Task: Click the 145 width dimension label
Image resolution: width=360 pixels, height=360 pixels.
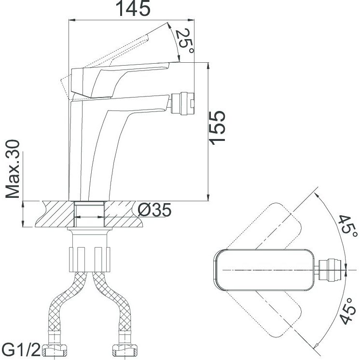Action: click(x=134, y=8)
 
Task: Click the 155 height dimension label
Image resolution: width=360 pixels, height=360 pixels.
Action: click(x=217, y=128)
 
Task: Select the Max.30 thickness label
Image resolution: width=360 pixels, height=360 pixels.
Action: click(x=13, y=169)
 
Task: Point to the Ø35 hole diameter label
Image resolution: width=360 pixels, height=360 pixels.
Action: click(x=154, y=210)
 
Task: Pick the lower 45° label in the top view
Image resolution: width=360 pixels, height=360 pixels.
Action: click(x=347, y=311)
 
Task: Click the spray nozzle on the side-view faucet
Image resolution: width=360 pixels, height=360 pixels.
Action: click(x=182, y=104)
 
